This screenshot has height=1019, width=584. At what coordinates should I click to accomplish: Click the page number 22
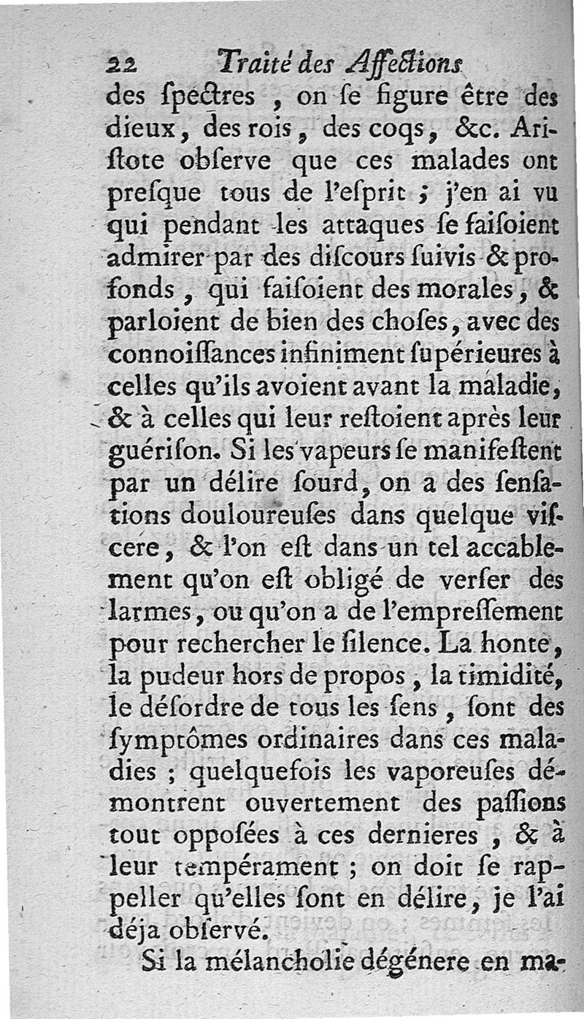(120, 65)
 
